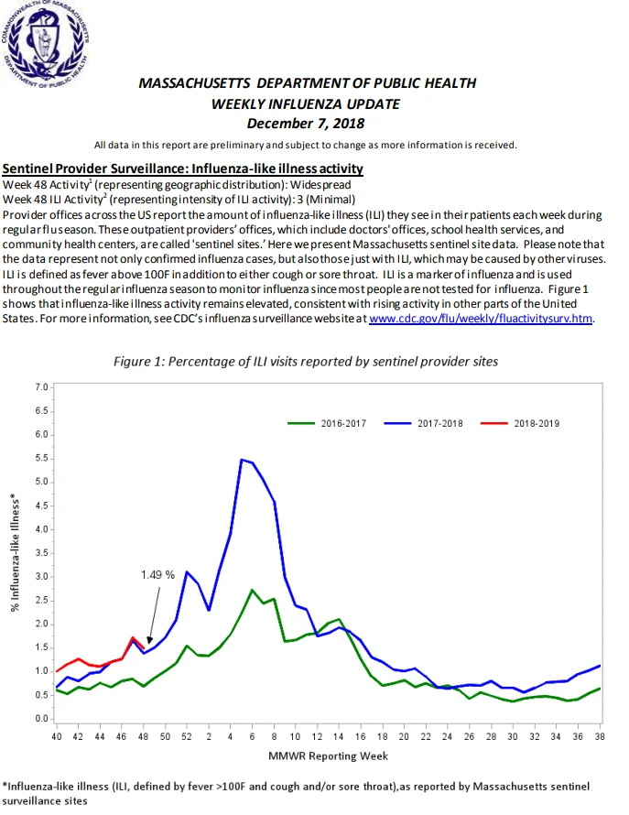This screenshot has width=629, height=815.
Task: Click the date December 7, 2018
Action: [x=306, y=124]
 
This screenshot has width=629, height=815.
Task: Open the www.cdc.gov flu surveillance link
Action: [x=481, y=318]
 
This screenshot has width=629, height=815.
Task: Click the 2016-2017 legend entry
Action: [x=327, y=424]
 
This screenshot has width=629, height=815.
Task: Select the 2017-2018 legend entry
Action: [x=424, y=424]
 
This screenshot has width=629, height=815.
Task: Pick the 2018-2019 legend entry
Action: [x=520, y=424]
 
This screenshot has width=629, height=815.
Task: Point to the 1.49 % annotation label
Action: [x=157, y=575]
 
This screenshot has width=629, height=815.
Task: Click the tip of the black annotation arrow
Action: [x=149, y=644]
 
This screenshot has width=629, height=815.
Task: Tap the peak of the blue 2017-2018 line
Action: [x=241, y=460]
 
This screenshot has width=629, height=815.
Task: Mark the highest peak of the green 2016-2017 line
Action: [x=252, y=590]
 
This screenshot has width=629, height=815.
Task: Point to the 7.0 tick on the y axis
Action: [x=41, y=387]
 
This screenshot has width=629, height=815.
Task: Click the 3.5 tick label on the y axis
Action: [x=41, y=553]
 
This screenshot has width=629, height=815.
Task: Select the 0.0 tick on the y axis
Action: [x=41, y=719]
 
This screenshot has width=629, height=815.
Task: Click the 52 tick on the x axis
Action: [x=187, y=736]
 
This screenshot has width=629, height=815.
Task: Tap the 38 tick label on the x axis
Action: [x=600, y=736]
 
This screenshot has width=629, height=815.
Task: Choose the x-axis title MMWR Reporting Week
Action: [x=328, y=756]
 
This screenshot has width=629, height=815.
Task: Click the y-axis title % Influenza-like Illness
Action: [x=15, y=552]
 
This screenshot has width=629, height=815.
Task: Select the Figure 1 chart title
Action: [x=306, y=362]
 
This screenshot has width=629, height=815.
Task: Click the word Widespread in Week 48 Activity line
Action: [x=320, y=185]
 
